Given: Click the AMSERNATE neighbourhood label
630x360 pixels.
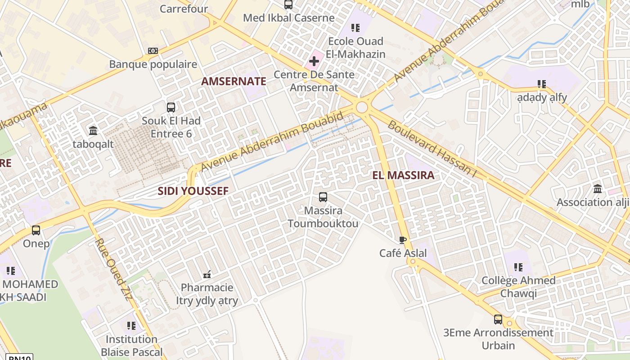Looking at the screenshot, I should tap(234, 81).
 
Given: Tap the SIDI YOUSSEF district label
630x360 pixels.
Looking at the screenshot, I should tap(193, 191).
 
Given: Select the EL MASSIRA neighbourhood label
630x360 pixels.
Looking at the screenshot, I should tap(403, 175).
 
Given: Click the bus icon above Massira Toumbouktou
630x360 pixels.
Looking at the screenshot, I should tap(323, 197).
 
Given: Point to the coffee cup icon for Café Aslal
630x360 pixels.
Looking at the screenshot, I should tap(403, 240).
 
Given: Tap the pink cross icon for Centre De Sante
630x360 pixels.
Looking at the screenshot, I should tap(314, 61).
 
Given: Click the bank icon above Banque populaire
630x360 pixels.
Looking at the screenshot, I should tap(153, 51).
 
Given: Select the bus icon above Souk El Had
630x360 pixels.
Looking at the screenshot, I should tap(171, 107).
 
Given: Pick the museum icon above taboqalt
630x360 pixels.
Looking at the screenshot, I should tap(93, 130).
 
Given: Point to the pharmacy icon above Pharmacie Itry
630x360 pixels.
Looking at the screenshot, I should tap(207, 274).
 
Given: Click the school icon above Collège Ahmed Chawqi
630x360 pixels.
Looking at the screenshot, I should tap(518, 267).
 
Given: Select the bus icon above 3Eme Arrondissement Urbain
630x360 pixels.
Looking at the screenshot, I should tap(498, 319).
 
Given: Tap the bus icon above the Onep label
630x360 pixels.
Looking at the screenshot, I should tap(36, 230).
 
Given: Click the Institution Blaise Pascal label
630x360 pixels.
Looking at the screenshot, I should tap(131, 345).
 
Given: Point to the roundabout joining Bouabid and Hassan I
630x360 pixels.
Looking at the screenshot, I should tap(361, 108).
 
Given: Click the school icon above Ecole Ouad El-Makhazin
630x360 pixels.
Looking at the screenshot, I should tap(355, 28).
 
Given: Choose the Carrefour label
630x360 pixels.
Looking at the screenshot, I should tap(184, 9).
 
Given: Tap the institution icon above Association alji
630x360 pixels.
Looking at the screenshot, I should tap(598, 189).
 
